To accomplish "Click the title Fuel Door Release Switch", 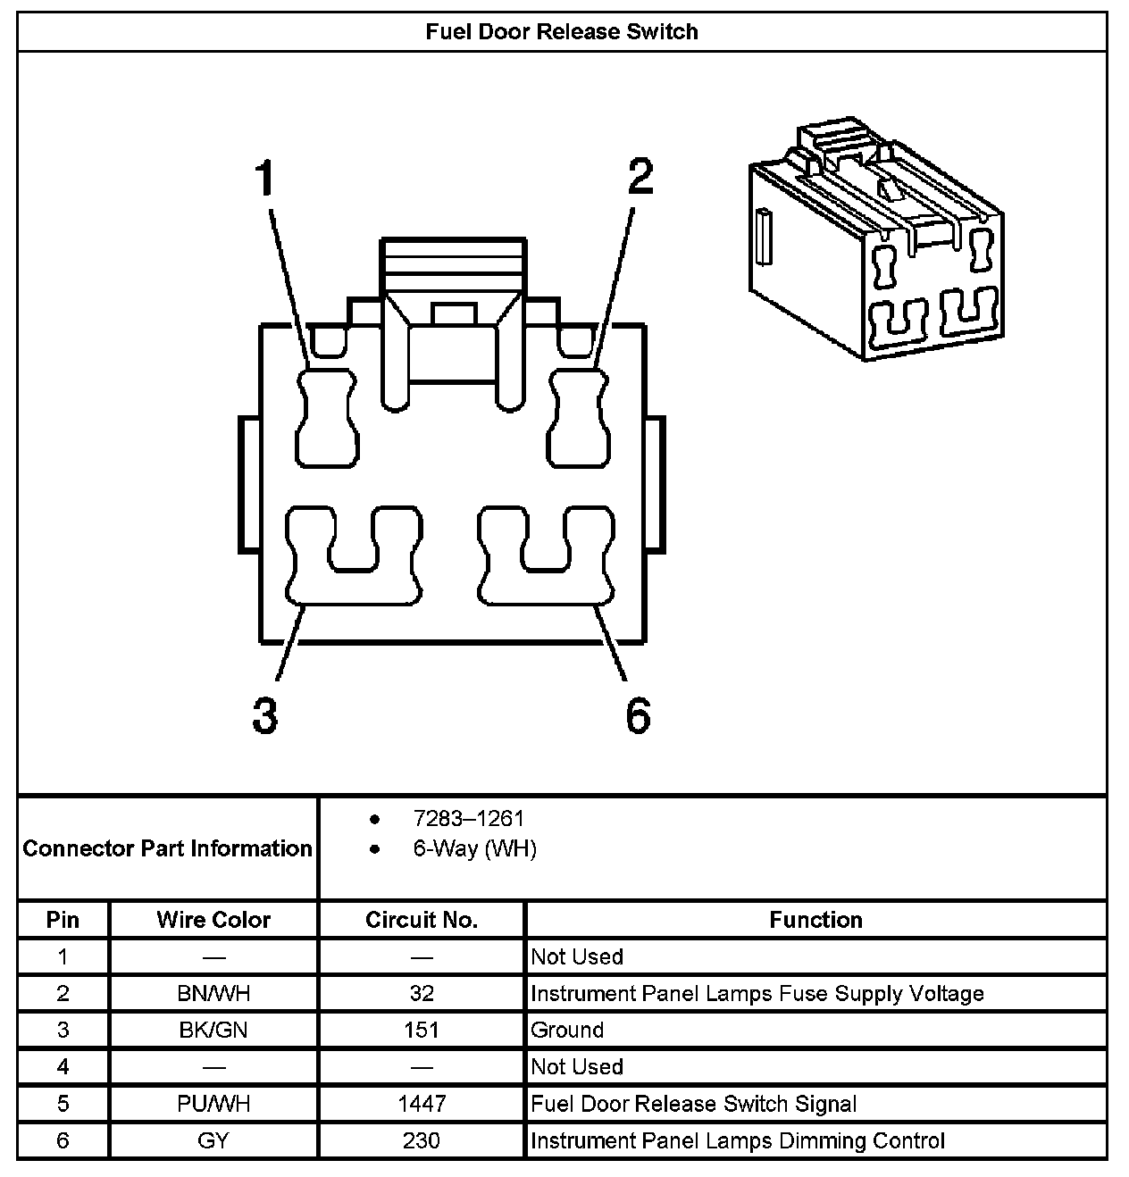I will coord(562,32).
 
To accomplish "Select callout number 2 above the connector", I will coord(640,176).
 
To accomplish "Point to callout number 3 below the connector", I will coord(264,715).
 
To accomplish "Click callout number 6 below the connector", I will coord(638,715).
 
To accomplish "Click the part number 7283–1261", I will coord(468,818).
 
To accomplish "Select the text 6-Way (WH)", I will coord(474,848).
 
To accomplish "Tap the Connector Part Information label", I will coord(168,848).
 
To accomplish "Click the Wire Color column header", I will coord(213,920).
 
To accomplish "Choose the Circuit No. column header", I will coord(422,920).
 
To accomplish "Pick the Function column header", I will coord(815,920).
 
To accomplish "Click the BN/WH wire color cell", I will coord(213,993).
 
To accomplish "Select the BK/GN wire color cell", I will coord(213,1030).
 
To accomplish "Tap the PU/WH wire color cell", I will coord(213,1104).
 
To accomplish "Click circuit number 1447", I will coord(422,1104).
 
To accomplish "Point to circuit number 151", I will coord(422,1030).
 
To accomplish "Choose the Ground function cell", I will coord(567,1030).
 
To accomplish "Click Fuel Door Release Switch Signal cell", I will coord(693,1104).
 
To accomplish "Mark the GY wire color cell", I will coord(213,1140).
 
